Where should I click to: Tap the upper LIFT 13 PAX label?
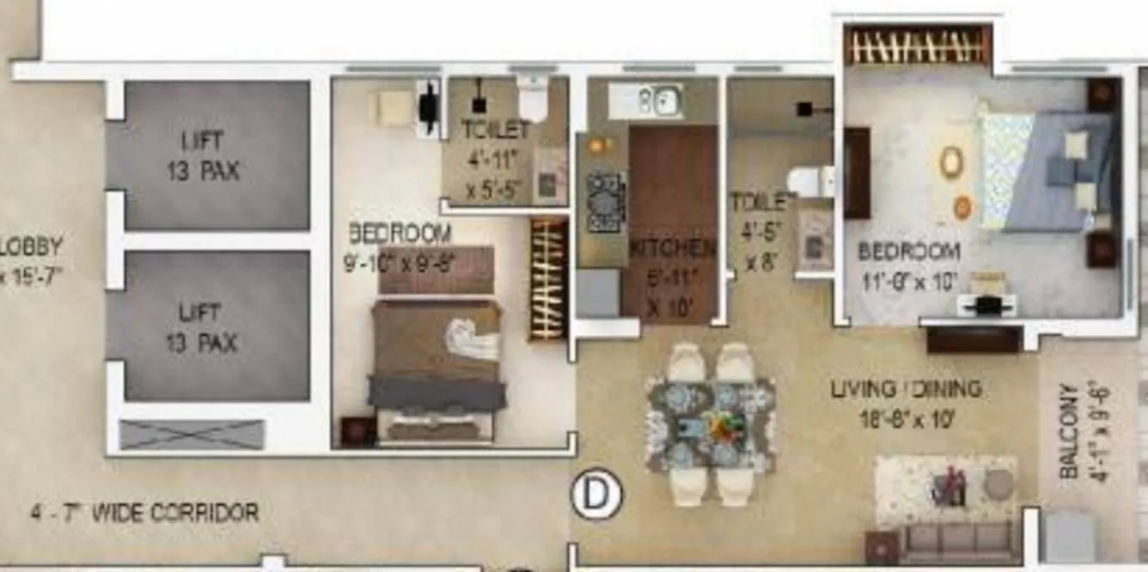tap(204, 155)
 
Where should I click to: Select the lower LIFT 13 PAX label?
tap(204, 327)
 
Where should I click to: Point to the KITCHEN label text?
tap(673, 249)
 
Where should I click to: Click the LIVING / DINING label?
tap(906, 389)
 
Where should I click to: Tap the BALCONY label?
tap(1069, 430)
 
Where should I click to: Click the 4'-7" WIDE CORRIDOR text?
tap(144, 514)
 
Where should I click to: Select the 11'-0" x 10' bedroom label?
tap(909, 265)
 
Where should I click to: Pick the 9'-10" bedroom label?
tap(399, 247)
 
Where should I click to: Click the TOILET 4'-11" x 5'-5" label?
tap(495, 160)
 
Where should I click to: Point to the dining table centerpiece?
tap(711, 425)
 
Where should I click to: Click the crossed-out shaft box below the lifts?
tap(192, 435)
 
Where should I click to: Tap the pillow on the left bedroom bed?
tap(473, 338)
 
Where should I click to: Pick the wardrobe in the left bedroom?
tap(548, 278)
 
